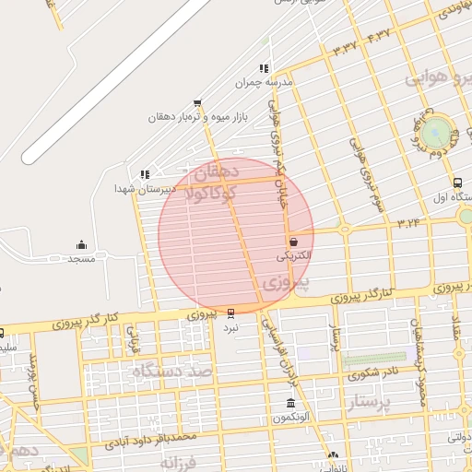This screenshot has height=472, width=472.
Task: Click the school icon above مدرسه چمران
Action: click(x=264, y=68)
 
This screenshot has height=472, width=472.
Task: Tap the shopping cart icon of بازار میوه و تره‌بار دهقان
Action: click(x=196, y=103)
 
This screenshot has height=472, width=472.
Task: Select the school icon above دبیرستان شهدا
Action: click(x=144, y=173)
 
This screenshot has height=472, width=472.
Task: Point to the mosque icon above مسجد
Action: click(x=81, y=245)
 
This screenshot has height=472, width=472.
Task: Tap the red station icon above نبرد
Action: click(x=230, y=313)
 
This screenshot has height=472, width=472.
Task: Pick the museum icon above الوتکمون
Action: click(x=290, y=404)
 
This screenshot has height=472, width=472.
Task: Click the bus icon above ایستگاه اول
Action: click(x=458, y=183)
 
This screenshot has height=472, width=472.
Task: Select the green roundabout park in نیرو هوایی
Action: click(x=438, y=130)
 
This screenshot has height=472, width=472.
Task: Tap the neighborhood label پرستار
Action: click(x=360, y=401)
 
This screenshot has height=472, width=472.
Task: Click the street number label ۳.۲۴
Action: click(x=409, y=222)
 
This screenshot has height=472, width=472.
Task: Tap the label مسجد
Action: click(x=81, y=259)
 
